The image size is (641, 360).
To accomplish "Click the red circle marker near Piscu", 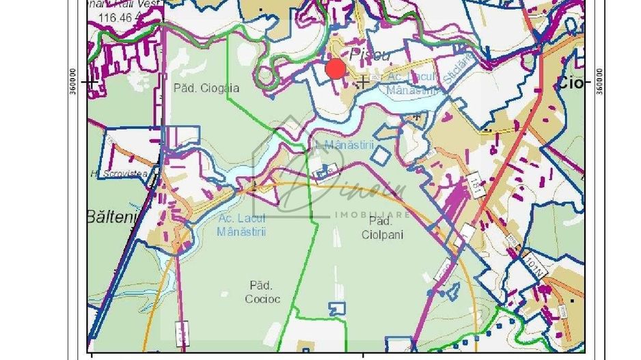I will tap(336, 69).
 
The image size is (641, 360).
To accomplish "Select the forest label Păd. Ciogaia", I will tap(197, 88).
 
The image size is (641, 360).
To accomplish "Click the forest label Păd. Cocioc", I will tap(261, 292).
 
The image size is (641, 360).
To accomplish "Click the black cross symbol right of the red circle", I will tap(364, 81).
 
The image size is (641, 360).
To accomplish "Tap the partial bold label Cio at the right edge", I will tap(572, 83).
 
